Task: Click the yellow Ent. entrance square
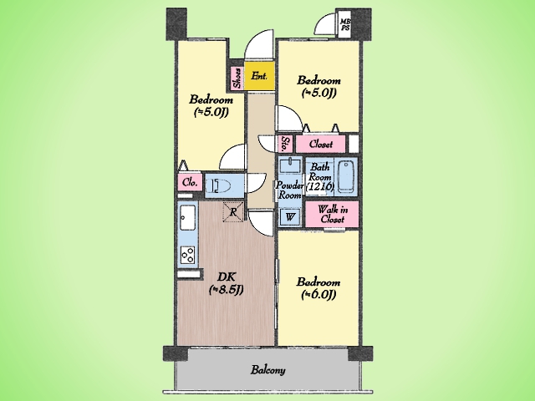[259, 76]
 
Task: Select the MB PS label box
[344, 25]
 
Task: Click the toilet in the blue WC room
[218, 185]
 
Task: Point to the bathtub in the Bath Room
[346, 177]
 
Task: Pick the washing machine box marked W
[290, 216]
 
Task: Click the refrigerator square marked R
[233, 211]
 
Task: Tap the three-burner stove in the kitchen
[187, 255]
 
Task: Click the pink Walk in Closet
[332, 214]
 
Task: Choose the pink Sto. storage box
[284, 144]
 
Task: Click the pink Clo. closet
[190, 182]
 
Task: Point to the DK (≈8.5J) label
[226, 283]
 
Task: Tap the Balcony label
[267, 370]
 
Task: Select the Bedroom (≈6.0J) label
[318, 288]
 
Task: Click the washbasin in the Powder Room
[291, 166]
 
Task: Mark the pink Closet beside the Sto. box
[321, 144]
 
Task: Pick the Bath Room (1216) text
[319, 177]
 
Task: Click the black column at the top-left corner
[176, 24]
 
